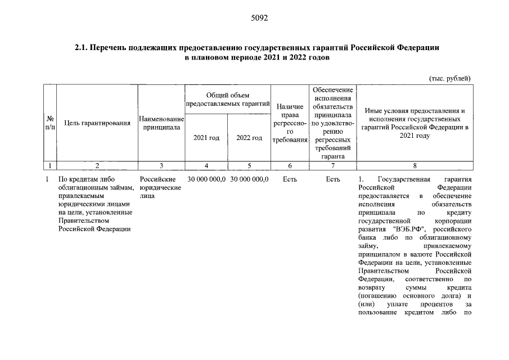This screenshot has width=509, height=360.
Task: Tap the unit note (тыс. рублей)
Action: (449, 78)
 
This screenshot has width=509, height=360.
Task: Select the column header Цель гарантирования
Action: (98, 123)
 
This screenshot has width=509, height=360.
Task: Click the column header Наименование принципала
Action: (161, 123)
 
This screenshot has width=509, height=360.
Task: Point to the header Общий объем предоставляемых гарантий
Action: (227, 100)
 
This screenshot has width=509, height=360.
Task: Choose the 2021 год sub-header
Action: (206, 138)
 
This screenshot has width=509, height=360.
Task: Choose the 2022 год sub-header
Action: (249, 138)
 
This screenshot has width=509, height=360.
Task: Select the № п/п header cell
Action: (50, 123)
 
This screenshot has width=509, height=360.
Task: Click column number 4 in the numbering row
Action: (206, 165)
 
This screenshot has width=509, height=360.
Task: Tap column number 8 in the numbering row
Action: (415, 165)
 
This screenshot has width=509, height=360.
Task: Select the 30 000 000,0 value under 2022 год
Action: (249, 179)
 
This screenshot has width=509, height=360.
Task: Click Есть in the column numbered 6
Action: (290, 179)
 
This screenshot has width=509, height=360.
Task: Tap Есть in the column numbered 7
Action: (333, 179)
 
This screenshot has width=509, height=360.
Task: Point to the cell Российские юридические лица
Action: (160, 188)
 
